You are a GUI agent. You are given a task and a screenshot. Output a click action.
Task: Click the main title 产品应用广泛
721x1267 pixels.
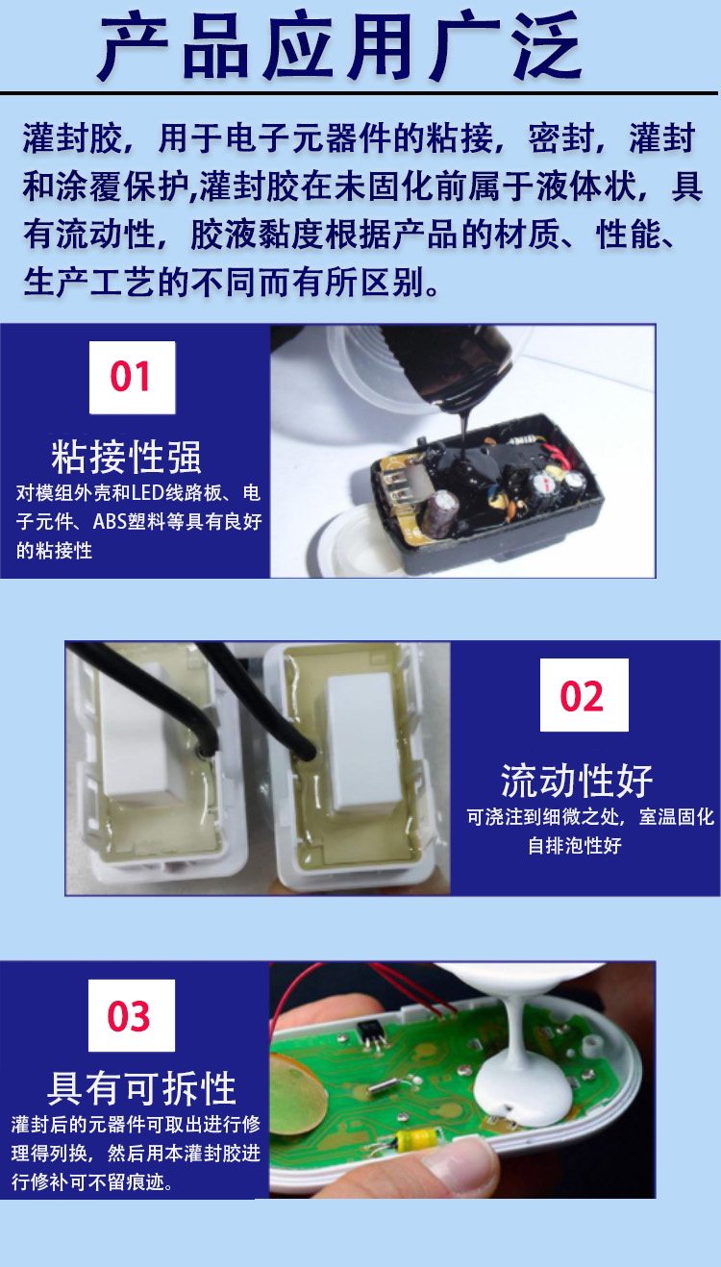[x=341, y=46]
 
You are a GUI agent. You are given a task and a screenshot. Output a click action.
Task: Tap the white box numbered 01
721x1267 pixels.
[x=133, y=377]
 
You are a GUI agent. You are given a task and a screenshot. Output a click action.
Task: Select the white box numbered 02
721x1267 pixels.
[x=584, y=695]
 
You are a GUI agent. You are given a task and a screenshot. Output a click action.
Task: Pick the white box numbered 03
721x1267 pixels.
[x=132, y=1015]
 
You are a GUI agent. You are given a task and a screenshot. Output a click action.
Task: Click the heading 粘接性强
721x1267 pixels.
[x=126, y=457]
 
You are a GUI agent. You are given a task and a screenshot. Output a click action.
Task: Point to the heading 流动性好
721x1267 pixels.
[x=577, y=781]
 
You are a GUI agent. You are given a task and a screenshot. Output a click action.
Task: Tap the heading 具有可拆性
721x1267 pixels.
[x=141, y=1087]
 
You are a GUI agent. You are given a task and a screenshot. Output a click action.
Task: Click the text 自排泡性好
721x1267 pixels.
[x=575, y=846]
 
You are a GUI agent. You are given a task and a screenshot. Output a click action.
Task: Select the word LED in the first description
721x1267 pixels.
[x=148, y=493]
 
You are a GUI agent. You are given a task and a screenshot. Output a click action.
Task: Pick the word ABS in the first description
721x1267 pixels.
[x=110, y=521]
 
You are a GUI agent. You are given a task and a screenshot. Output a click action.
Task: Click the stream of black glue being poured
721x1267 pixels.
[x=463, y=431]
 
